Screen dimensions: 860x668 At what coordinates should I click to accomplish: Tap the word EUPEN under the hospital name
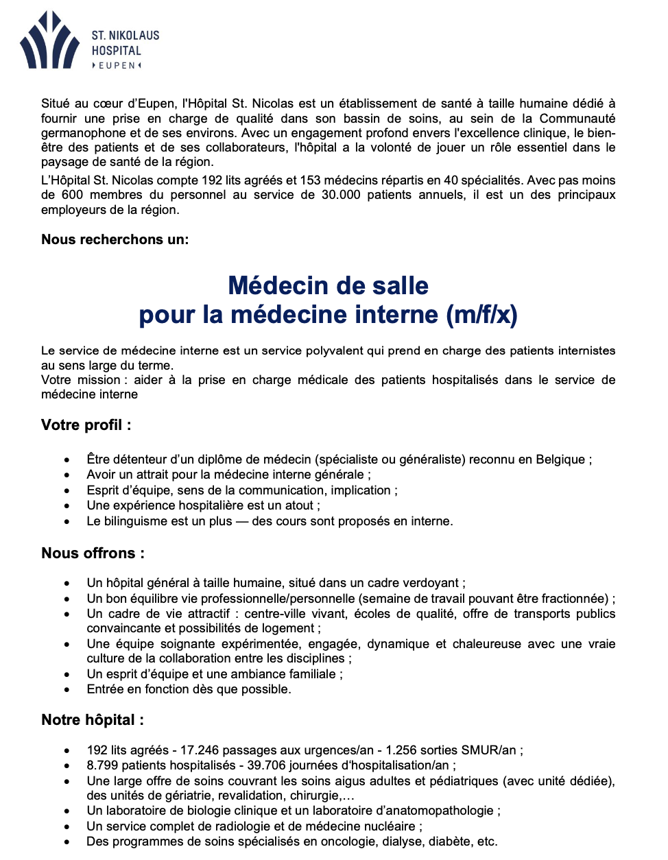click(117, 66)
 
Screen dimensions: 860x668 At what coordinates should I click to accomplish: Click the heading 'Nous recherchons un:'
click(115, 239)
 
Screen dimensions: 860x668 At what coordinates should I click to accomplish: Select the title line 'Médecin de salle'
click(328, 285)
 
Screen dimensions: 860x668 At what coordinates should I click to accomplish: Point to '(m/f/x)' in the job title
click(481, 315)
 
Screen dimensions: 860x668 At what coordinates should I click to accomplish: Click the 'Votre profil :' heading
click(86, 425)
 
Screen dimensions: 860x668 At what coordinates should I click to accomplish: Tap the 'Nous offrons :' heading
click(93, 553)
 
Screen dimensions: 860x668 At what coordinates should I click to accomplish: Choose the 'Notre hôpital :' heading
click(93, 720)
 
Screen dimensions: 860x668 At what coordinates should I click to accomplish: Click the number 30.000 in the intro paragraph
click(341, 195)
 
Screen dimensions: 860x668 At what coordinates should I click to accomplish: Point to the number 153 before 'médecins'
click(310, 180)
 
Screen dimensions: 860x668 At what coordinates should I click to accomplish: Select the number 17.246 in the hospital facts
click(200, 750)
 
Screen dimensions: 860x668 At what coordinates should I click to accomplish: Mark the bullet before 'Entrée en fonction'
click(67, 690)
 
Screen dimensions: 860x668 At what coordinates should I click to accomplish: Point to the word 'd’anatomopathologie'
click(440, 811)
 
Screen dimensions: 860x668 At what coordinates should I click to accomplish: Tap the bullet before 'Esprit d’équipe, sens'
click(67, 491)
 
